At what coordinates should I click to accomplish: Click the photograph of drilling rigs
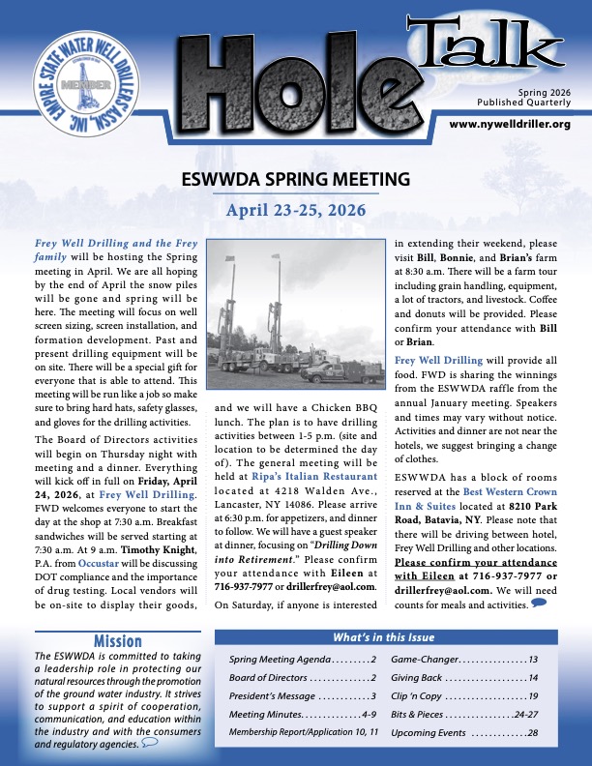click(x=297, y=318)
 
